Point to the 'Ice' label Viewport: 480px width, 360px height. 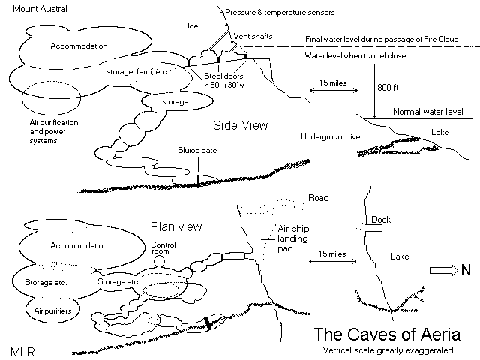[193, 25]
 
